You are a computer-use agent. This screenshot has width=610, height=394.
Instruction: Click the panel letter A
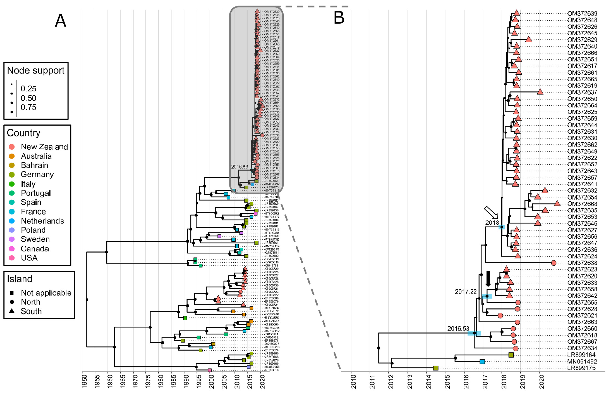coord(61,21)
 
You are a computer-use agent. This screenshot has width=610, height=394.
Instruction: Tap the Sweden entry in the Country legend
coord(35,239)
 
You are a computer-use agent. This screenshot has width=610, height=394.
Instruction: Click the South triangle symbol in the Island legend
coord(11,311)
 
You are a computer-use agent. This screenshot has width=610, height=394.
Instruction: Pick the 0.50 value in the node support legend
coord(28,98)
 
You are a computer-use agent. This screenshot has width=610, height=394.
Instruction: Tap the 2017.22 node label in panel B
coord(466,292)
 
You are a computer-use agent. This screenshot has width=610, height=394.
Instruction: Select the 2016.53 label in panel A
coord(240,167)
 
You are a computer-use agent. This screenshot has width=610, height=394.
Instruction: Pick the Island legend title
coord(20,279)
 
